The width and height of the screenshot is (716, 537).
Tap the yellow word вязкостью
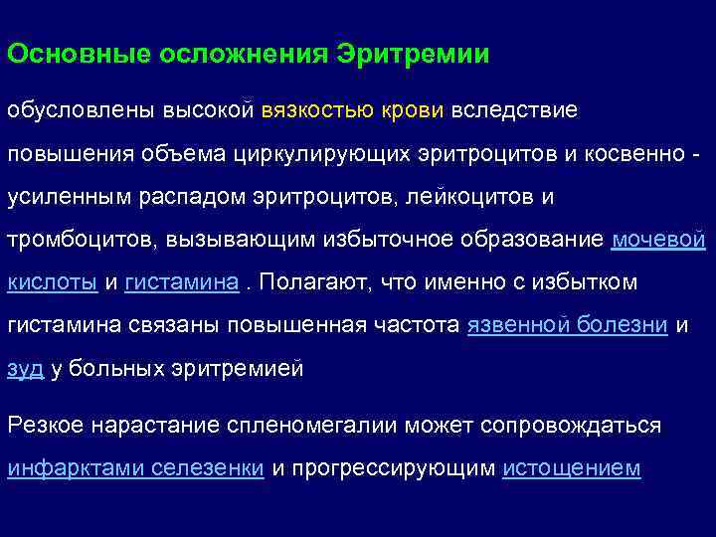point(317,109)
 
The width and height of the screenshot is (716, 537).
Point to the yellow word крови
point(412,109)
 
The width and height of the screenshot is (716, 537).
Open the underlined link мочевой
point(658,240)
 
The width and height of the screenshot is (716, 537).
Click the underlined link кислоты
point(53,282)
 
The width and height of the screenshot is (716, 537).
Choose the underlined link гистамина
point(182,282)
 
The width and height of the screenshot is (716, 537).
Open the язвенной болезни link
point(566,325)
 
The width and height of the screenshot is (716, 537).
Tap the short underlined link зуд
point(25,369)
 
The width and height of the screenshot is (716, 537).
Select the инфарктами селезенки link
point(135,468)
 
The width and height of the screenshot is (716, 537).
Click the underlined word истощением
point(572,468)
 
